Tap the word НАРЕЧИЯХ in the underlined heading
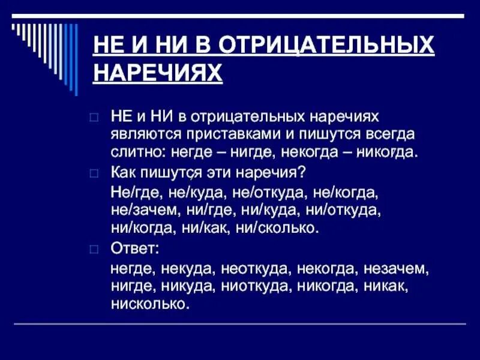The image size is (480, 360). [x=158, y=73]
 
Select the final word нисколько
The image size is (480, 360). [x=149, y=304]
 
